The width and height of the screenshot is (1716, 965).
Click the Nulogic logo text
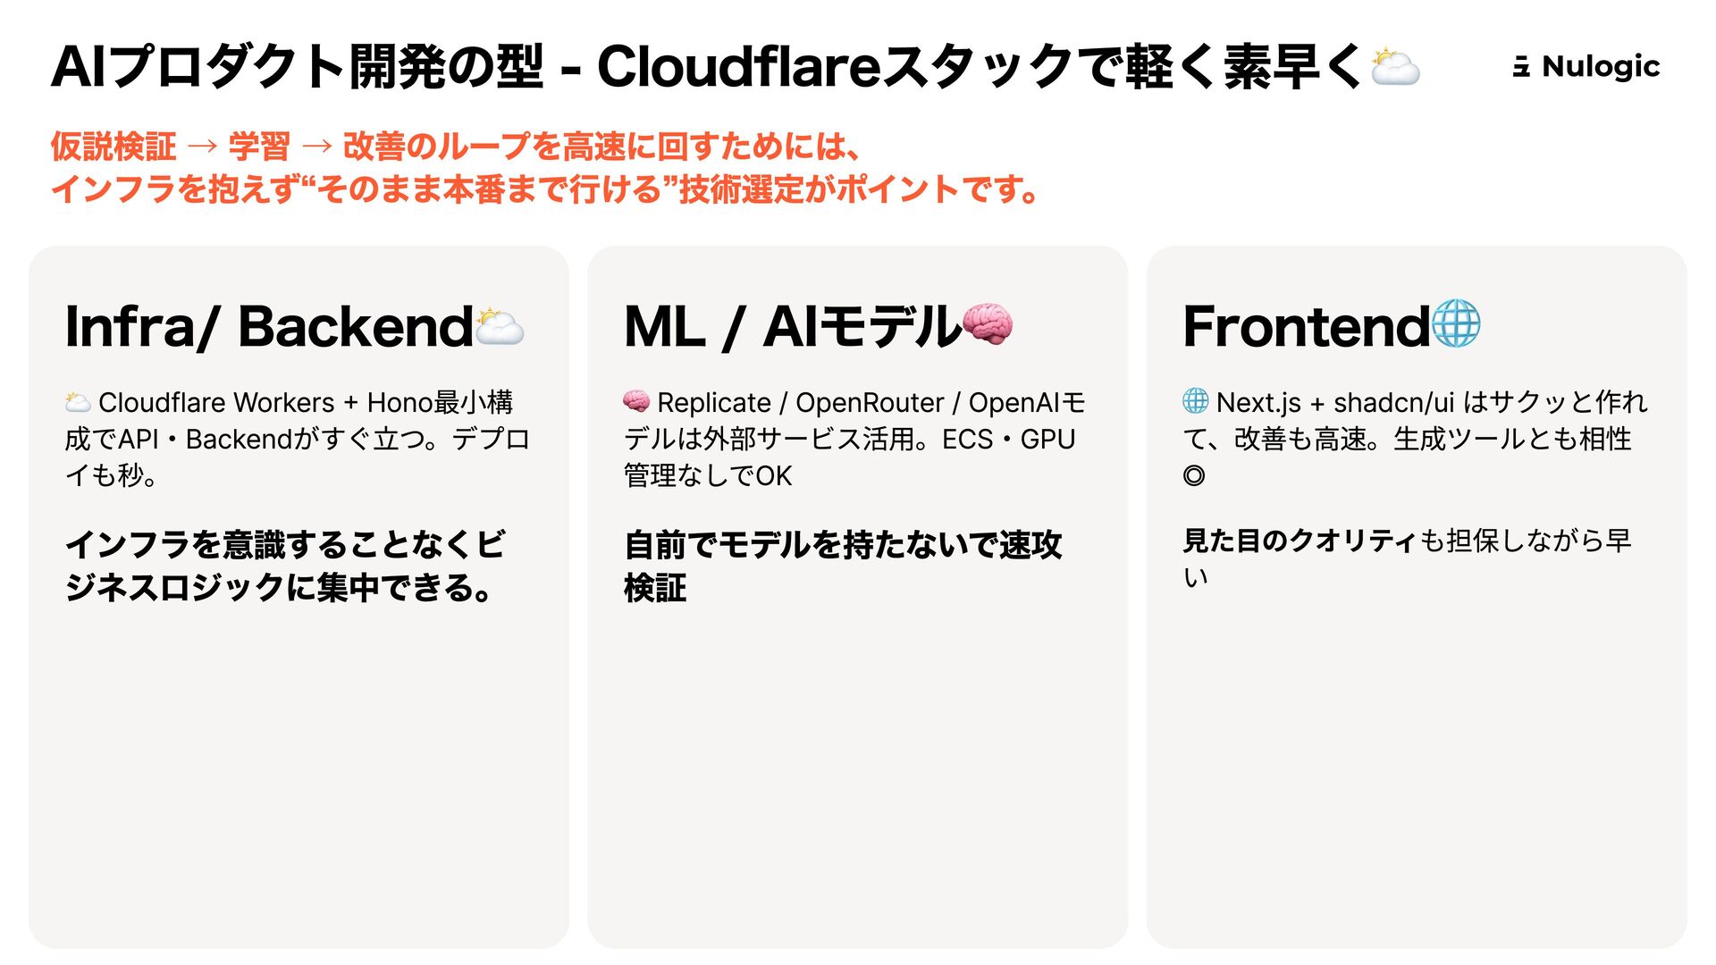point(1600,66)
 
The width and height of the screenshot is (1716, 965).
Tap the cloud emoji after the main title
point(1394,67)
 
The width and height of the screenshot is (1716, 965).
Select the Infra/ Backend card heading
point(268,326)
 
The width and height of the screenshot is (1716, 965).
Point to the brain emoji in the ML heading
point(988,323)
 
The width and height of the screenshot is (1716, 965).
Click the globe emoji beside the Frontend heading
point(1456,323)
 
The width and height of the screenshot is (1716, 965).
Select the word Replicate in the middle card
point(713,403)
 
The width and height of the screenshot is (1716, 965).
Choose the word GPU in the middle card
point(1047,440)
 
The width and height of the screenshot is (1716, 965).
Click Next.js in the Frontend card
point(1258,403)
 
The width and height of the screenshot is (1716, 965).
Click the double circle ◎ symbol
point(1194,475)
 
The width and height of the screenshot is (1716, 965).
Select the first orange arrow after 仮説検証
point(202,146)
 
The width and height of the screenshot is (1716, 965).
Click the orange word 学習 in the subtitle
point(259,146)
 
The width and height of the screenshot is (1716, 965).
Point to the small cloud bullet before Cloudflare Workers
point(78,402)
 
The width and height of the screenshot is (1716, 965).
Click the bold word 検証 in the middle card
point(655,588)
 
